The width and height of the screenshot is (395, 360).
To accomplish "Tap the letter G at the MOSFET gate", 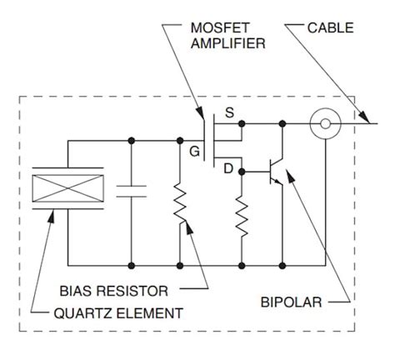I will click(194, 152).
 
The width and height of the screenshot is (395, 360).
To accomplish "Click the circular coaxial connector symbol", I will click(322, 124).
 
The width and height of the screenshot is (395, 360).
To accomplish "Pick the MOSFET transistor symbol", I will click(212, 142).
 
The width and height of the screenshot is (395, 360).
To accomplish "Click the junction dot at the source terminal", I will click(241, 124).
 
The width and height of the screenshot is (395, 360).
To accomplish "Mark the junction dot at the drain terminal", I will click(241, 172).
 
